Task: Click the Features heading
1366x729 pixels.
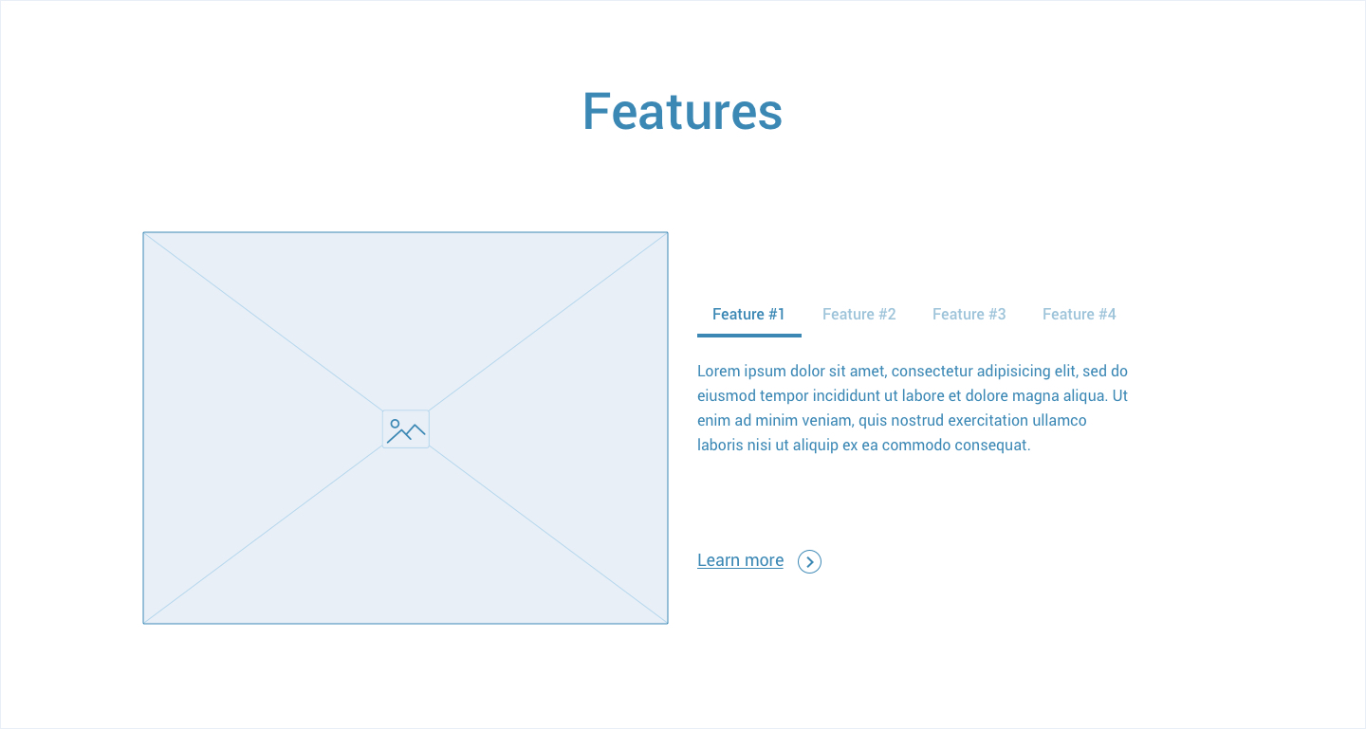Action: pyautogui.click(x=682, y=111)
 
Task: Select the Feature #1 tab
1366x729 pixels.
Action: pyautogui.click(x=748, y=314)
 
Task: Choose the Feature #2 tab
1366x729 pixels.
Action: pyautogui.click(x=858, y=314)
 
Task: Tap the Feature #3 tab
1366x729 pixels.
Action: pyautogui.click(x=969, y=314)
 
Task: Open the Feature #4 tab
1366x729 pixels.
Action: pyautogui.click(x=1079, y=314)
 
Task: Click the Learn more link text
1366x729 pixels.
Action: pyautogui.click(x=740, y=560)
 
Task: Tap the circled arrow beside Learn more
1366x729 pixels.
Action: pyautogui.click(x=809, y=561)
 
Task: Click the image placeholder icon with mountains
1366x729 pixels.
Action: pyautogui.click(x=406, y=429)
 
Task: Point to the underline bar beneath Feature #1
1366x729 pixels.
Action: pyautogui.click(x=748, y=336)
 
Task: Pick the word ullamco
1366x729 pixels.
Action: pyautogui.click(x=1060, y=421)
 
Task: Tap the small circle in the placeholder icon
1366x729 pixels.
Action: pyautogui.click(x=395, y=424)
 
